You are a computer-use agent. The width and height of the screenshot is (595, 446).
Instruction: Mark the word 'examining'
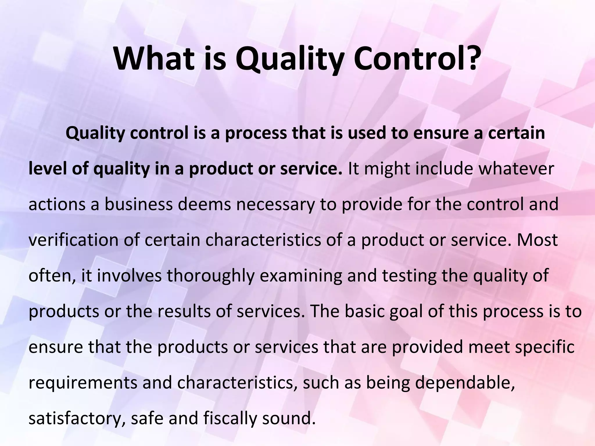coord(301,276)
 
